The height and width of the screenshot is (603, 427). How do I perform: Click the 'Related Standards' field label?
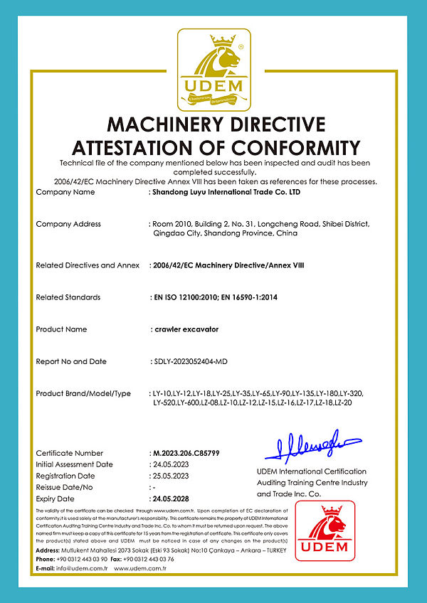(69, 297)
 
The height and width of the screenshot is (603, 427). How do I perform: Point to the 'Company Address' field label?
(68, 224)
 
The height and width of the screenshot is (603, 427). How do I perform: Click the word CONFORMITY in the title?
(300, 148)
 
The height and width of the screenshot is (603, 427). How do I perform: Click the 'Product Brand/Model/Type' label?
(83, 393)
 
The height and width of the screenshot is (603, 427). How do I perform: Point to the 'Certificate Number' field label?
(69, 453)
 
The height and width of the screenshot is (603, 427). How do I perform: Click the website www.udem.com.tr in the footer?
(139, 569)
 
